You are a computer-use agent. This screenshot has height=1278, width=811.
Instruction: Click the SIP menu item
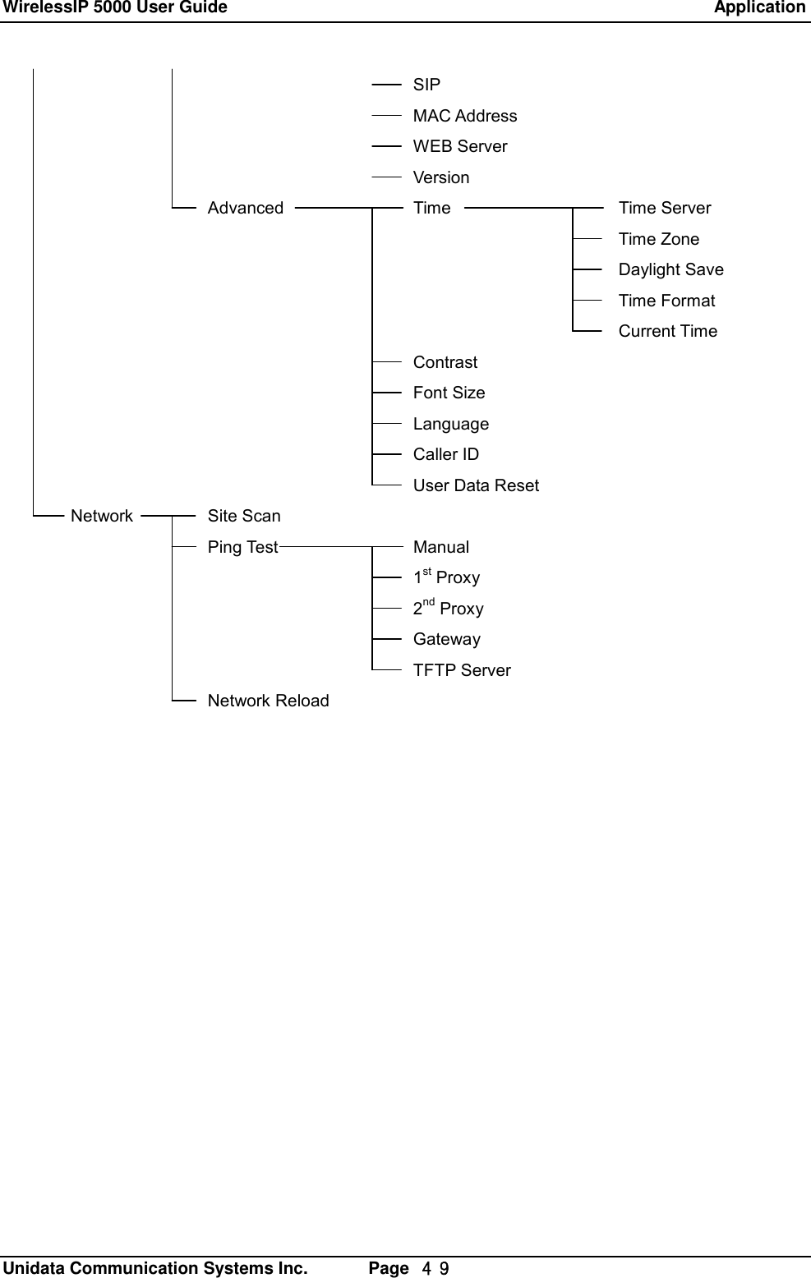(x=426, y=85)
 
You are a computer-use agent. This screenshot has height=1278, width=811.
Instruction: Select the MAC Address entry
(x=465, y=116)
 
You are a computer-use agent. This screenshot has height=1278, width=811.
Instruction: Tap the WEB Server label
(x=460, y=146)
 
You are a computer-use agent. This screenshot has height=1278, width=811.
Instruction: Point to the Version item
(x=441, y=177)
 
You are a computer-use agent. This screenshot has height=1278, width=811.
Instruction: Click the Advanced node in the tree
(x=245, y=209)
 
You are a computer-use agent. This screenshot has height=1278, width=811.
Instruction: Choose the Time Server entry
(x=664, y=209)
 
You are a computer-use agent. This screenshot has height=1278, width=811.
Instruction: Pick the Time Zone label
(x=658, y=239)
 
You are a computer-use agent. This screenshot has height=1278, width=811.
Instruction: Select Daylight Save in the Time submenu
(x=670, y=270)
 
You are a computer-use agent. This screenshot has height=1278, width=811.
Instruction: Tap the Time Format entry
(x=666, y=301)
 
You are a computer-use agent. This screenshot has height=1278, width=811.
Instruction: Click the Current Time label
(x=667, y=332)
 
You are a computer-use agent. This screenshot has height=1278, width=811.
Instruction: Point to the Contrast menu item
(x=445, y=362)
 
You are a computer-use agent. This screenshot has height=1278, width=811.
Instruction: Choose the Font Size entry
(x=449, y=393)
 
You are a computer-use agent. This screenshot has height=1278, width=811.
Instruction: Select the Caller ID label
(x=445, y=455)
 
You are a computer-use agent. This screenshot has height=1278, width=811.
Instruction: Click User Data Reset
(x=476, y=485)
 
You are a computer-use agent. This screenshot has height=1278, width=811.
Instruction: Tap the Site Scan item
(x=244, y=517)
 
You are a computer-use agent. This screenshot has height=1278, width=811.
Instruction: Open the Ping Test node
(x=242, y=547)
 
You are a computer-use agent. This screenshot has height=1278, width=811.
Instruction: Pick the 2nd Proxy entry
(x=448, y=609)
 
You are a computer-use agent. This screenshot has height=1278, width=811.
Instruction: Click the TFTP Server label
(x=462, y=670)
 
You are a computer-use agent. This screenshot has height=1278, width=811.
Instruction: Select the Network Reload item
(x=268, y=701)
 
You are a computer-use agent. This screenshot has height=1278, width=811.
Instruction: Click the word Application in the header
(x=759, y=8)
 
